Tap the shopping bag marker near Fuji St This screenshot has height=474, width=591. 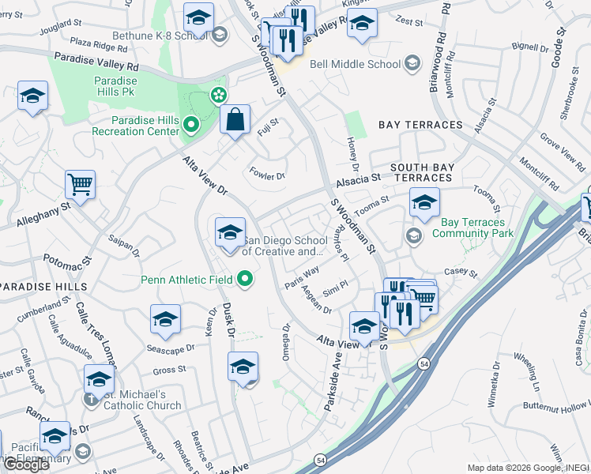[x=235, y=121]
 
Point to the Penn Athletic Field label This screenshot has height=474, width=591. [x=186, y=280]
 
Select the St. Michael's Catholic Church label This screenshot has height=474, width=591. [x=142, y=400]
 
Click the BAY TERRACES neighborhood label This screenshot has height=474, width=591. [x=420, y=125]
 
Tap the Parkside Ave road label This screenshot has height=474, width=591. [x=333, y=382]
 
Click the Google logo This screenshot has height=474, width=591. [x=25, y=464]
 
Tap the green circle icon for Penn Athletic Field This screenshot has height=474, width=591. [x=246, y=279]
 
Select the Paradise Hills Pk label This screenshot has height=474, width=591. [x=116, y=86]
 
